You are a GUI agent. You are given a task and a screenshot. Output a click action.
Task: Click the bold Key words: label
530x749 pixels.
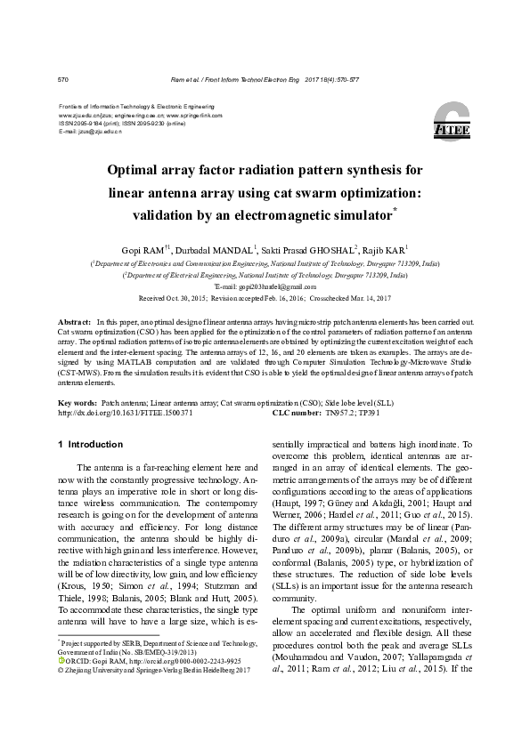[77, 403]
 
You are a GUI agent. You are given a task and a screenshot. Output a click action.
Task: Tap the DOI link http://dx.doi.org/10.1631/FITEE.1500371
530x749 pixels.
[125, 413]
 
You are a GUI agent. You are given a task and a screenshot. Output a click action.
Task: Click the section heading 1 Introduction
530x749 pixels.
[89, 444]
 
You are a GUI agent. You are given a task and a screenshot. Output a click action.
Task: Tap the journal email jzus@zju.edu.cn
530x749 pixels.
[95, 131]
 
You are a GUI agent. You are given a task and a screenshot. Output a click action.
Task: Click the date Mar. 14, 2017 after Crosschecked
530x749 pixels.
[368, 300]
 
